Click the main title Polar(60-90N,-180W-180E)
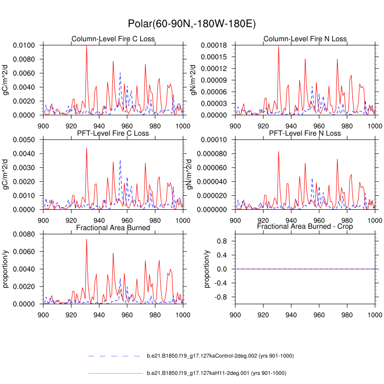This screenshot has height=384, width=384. pyautogui.click(x=192, y=24)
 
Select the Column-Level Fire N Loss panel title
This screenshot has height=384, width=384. pyautogui.click(x=305, y=39)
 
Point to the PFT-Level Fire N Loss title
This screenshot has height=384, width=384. pyautogui.click(x=305, y=133)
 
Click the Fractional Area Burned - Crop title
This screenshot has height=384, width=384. pyautogui.click(x=305, y=226)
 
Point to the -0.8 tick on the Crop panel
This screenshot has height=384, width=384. pyautogui.click(x=220, y=297)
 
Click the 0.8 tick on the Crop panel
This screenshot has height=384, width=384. pyautogui.click(x=221, y=241)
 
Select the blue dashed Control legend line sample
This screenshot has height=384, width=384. pyautogui.click(x=115, y=356)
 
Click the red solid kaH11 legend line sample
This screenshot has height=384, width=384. pyautogui.click(x=115, y=373)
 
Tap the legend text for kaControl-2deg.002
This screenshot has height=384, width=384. pyautogui.click(x=220, y=356)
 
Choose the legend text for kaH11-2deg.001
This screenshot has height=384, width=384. pyautogui.click(x=216, y=373)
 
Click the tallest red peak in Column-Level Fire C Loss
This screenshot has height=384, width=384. pyautogui.click(x=86, y=46)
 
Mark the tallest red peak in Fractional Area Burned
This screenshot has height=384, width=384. pyautogui.click(x=86, y=240)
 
